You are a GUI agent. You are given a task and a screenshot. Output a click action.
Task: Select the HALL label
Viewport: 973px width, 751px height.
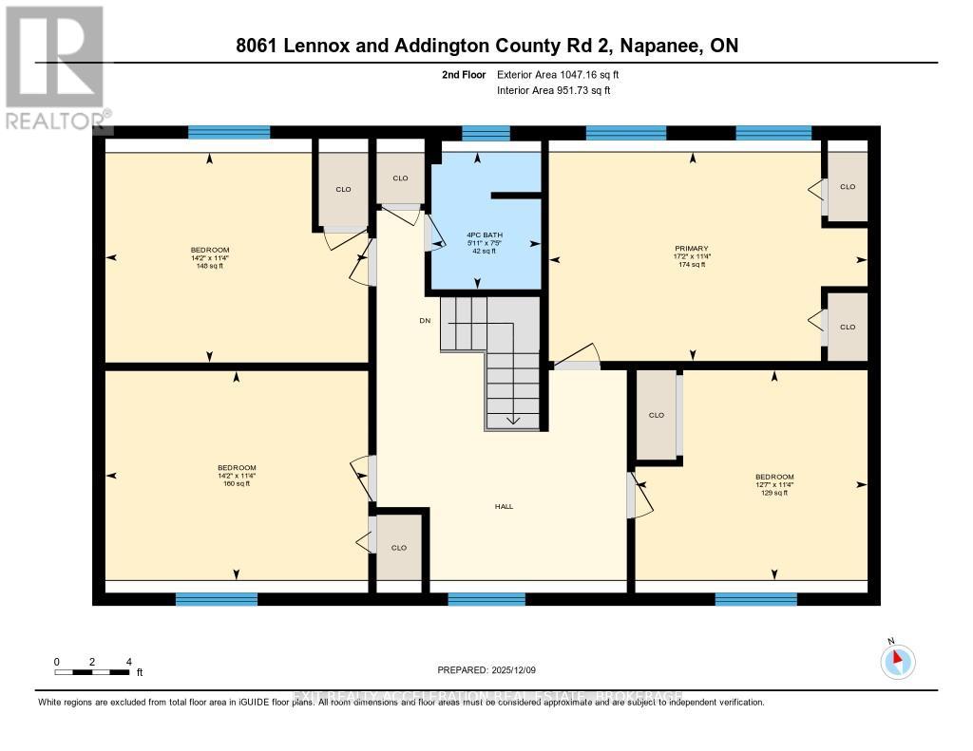click(x=504, y=507)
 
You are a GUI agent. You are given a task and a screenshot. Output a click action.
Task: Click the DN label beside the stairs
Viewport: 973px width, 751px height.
click(x=425, y=321)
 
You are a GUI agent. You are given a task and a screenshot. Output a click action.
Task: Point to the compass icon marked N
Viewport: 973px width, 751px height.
click(x=898, y=661)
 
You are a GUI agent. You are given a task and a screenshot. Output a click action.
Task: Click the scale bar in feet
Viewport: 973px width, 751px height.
click(x=92, y=672)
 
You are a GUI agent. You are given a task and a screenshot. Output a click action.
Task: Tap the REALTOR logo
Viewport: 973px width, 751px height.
click(x=55, y=66)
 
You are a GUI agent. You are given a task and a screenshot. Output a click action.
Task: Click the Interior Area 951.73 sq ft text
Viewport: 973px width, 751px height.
click(x=553, y=90)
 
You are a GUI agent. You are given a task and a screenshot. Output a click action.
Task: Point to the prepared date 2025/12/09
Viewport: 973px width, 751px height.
click(x=486, y=670)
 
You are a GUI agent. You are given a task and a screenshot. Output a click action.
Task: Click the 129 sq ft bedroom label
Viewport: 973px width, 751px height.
click(x=774, y=484)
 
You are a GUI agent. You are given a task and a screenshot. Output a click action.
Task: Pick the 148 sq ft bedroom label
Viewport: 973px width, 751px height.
click(x=209, y=257)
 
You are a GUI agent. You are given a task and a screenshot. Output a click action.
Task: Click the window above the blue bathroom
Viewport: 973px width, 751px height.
click(x=486, y=133)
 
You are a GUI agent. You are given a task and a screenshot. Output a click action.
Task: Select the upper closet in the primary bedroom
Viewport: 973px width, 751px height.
click(x=847, y=187)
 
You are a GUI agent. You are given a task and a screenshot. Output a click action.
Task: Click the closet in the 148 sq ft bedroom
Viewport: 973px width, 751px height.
click(x=343, y=189)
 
